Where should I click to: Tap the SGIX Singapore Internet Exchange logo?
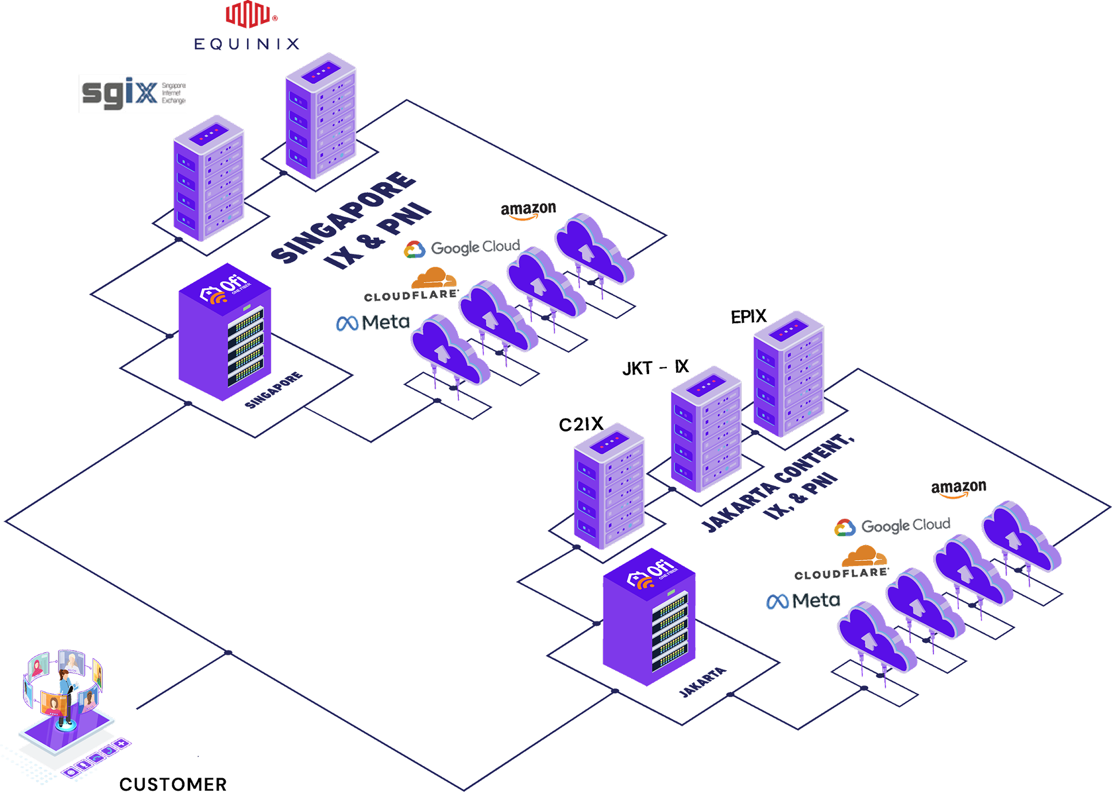[x=132, y=94]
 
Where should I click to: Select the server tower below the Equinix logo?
[x=321, y=117]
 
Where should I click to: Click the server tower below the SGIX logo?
[x=209, y=179]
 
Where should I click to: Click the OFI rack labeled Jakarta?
[x=649, y=617]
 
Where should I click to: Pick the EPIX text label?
[x=748, y=316]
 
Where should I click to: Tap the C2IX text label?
[x=581, y=424]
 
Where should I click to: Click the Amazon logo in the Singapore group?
[x=528, y=210]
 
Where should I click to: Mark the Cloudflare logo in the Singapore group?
[x=412, y=285]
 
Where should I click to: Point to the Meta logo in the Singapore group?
[x=373, y=323]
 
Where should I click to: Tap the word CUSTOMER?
[x=172, y=785]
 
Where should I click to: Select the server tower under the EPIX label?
[x=789, y=374]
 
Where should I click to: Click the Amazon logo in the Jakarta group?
[x=958, y=489]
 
